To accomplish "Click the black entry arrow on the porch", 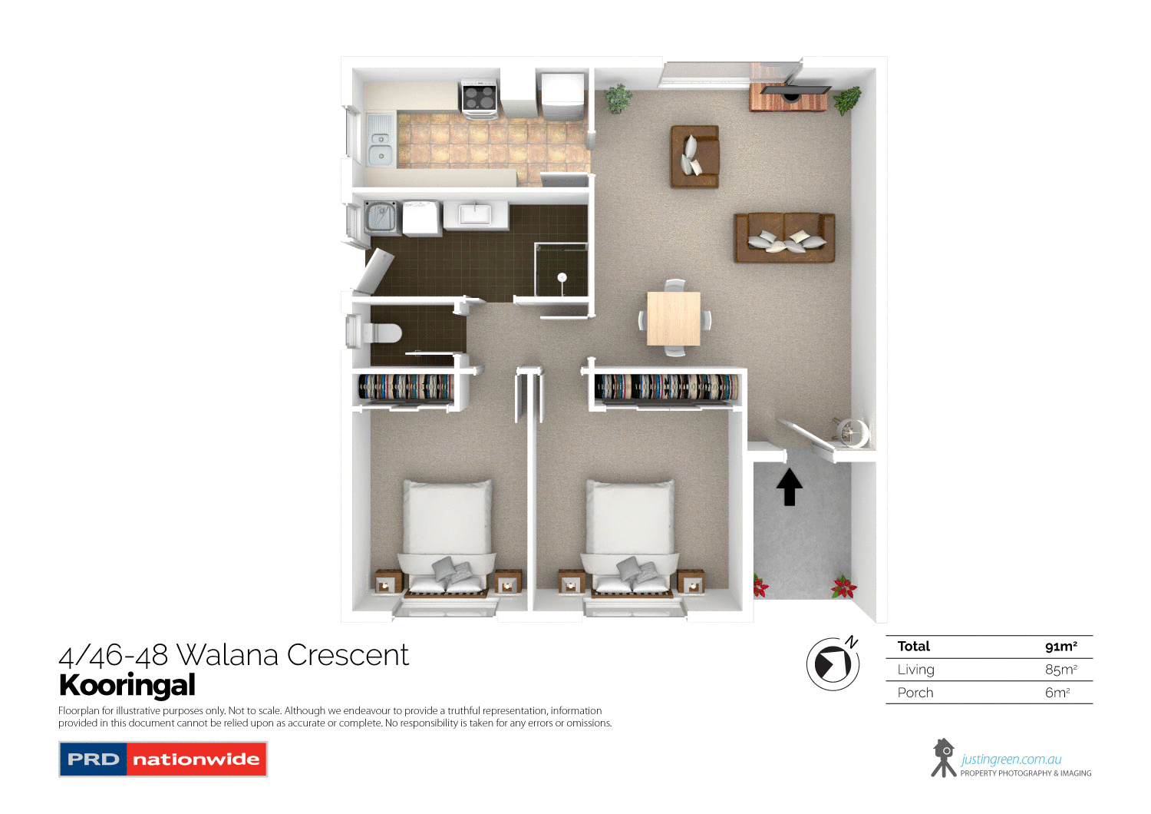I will tap(790, 488).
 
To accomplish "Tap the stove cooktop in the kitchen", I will tap(479, 98).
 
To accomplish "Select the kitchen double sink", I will tap(380, 140).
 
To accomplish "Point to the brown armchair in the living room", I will tap(694, 156).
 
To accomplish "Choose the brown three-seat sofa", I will tap(784, 237).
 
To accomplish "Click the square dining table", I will tap(674, 318).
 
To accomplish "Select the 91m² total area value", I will tap(1060, 647).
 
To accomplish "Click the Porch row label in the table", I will tap(915, 693).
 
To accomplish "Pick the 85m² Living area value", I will tap(1060, 670).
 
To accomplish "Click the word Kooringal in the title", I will tap(127, 685).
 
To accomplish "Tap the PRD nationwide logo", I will tap(163, 759).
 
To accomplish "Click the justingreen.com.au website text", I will tap(1011, 759).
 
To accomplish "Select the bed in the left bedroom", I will tap(448, 538).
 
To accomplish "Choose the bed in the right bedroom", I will tap(631, 538).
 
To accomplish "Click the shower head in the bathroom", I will tap(562, 277).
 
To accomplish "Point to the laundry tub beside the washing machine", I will tap(381, 218).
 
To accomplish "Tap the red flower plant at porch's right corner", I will tap(844, 587).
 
